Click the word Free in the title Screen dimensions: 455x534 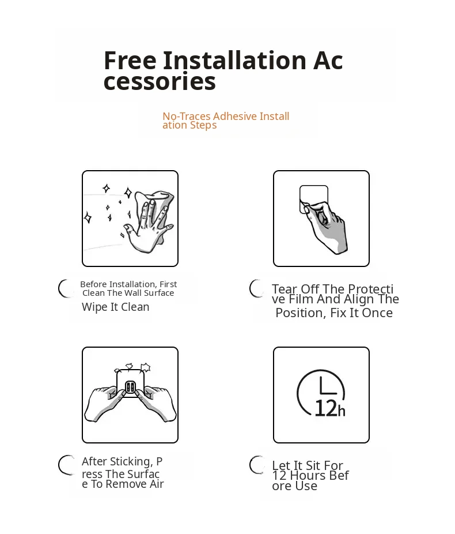pos(130,61)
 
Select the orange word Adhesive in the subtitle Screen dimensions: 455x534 pos(235,116)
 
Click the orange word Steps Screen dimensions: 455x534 pos(203,125)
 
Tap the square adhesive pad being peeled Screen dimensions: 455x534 pos(313,200)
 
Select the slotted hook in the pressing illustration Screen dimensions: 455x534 pos(131,387)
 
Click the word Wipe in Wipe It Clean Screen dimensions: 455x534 pos(94,307)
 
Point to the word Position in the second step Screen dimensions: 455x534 pos(299,313)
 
